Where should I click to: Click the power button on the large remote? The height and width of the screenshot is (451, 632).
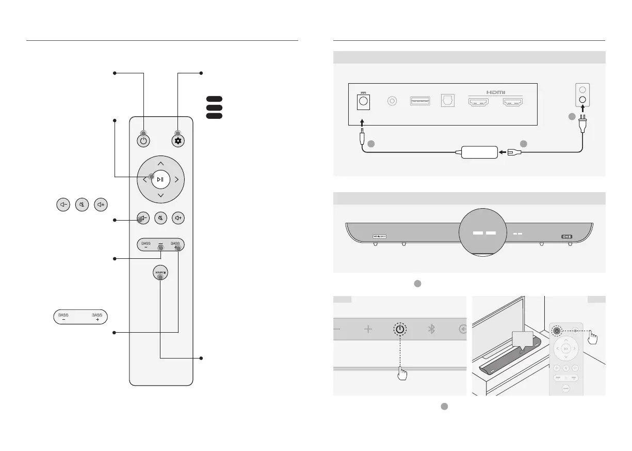pos(143,141)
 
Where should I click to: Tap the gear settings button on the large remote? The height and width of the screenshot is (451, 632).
pos(178,141)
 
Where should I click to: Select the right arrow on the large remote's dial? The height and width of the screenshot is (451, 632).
pos(176,180)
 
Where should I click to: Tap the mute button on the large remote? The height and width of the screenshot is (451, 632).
pos(161,218)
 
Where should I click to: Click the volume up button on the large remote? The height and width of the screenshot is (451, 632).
pos(178,218)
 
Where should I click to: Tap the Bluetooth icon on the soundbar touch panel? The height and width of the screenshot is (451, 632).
pos(431,329)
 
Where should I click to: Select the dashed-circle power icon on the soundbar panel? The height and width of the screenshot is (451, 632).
pos(400,329)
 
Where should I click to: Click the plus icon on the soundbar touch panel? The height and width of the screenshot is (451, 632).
pos(368,329)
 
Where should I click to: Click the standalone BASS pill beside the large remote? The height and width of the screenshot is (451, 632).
pos(80,317)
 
